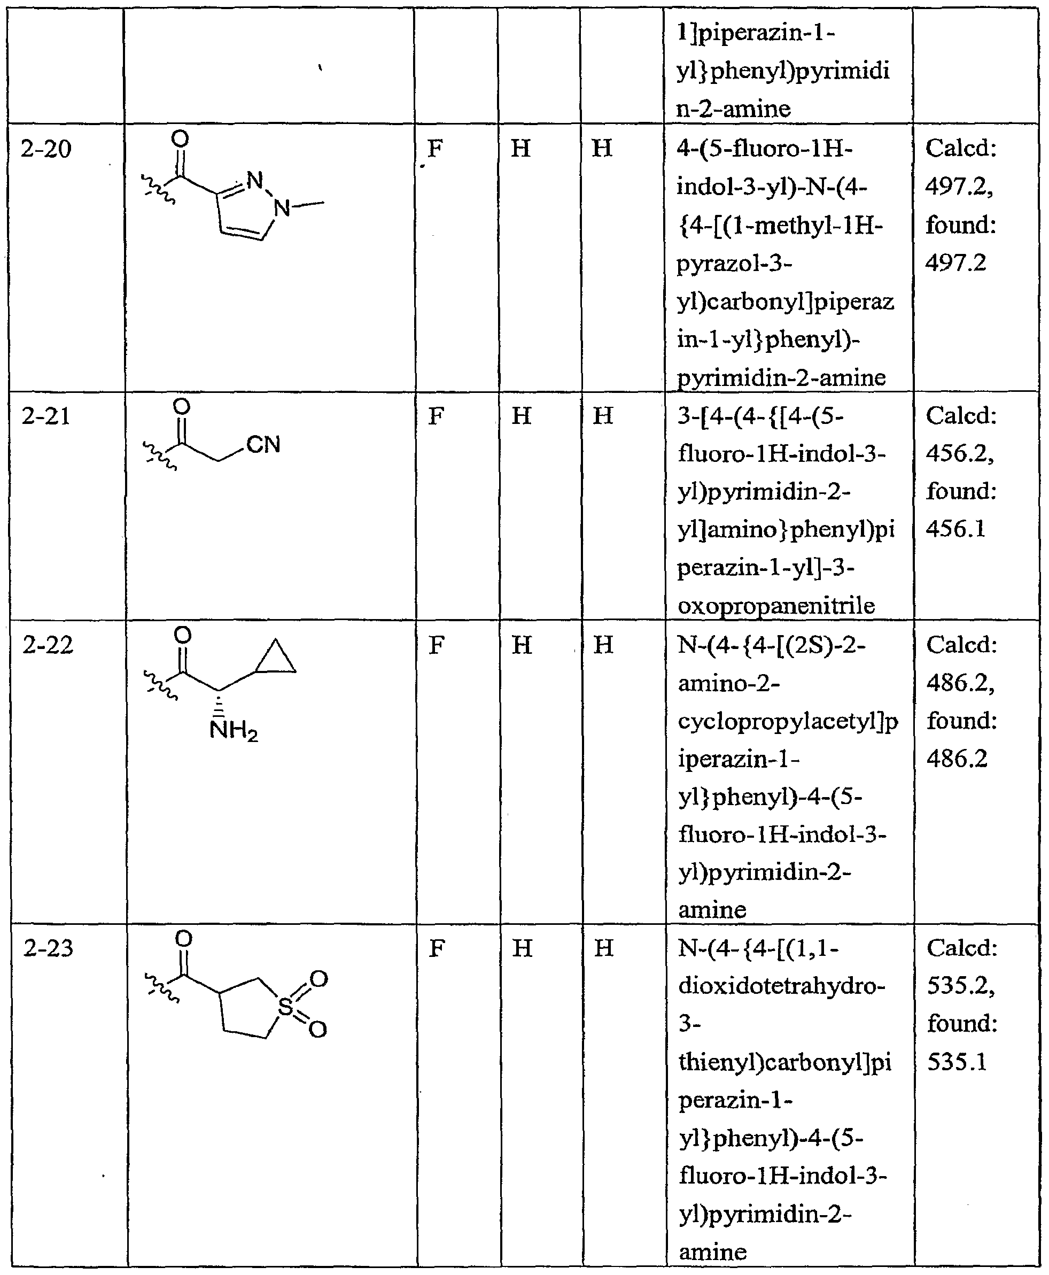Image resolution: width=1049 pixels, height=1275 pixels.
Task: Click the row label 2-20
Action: [x=46, y=149]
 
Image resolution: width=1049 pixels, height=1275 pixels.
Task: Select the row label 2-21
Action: [x=46, y=416]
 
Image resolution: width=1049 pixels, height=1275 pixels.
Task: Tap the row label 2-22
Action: [x=48, y=646]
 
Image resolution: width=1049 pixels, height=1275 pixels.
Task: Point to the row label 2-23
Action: [x=48, y=948]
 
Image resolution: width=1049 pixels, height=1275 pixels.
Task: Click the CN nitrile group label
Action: [x=263, y=445]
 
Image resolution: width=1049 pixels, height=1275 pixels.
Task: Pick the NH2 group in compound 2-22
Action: [x=233, y=731]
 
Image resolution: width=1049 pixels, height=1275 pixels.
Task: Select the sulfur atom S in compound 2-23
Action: [x=285, y=1007]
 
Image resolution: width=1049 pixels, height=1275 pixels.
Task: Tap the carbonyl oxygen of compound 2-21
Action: [x=181, y=407]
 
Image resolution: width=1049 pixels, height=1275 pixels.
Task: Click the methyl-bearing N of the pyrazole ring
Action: [x=282, y=208]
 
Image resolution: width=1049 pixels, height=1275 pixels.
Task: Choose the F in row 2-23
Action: [x=436, y=948]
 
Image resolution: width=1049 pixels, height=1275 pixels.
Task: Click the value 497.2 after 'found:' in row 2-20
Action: [x=955, y=263]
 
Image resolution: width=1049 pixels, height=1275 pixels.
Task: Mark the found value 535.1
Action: [x=957, y=1062]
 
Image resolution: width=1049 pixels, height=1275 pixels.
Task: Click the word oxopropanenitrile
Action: [x=776, y=605]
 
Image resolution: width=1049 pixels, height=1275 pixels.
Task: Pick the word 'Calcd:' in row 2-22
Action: [x=961, y=645]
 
